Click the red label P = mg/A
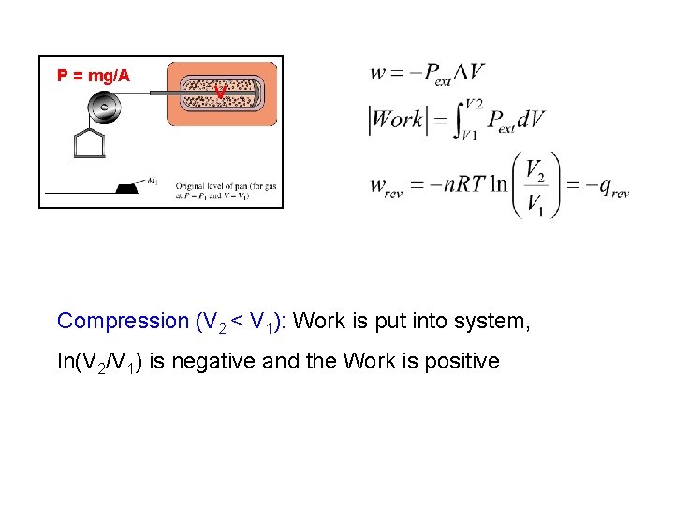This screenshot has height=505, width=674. click(x=94, y=76)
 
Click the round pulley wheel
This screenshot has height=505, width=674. click(x=103, y=108)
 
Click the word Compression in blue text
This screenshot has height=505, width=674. click(x=123, y=321)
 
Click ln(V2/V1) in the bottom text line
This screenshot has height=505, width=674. click(x=99, y=362)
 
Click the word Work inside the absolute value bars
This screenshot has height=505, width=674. click(x=399, y=121)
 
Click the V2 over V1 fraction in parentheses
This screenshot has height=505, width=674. click(x=535, y=187)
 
